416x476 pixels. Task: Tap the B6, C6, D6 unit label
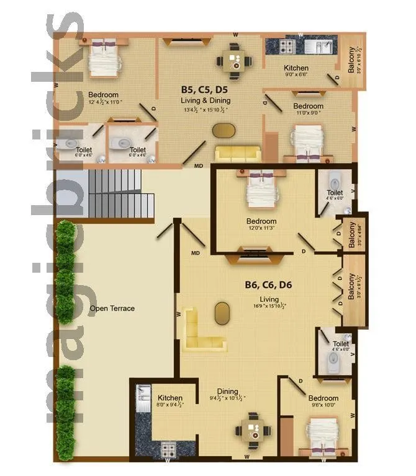coord(268,286)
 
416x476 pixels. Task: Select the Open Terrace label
coord(112,308)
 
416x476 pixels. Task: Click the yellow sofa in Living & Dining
coord(238,153)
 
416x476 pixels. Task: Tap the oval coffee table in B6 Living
coord(222,313)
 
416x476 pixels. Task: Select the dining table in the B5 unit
coord(235,61)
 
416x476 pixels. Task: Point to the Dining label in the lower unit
coord(227,391)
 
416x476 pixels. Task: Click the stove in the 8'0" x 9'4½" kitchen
coord(168,449)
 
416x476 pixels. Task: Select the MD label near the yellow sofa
coord(199,165)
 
